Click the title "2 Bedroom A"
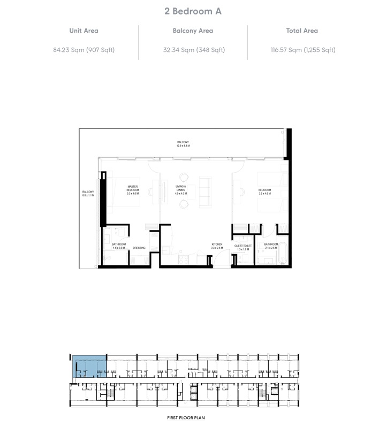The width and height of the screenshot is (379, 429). (x=189, y=10)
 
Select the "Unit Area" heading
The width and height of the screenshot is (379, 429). (x=84, y=31)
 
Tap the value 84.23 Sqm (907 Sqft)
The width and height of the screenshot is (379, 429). (x=84, y=50)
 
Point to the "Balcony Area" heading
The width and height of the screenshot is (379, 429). (x=193, y=31)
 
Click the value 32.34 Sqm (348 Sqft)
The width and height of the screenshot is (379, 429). (x=193, y=50)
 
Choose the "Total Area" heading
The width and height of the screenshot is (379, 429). (x=302, y=31)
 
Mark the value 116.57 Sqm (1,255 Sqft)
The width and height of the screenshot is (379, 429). (x=303, y=50)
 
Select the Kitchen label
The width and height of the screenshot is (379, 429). (x=216, y=246)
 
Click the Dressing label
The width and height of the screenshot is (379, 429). (x=139, y=248)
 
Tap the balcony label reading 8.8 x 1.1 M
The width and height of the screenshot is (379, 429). (x=88, y=193)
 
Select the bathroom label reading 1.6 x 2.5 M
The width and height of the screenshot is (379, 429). (x=119, y=246)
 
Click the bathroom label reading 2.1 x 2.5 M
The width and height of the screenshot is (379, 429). (x=271, y=246)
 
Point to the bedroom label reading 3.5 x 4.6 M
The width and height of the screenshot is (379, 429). (x=264, y=191)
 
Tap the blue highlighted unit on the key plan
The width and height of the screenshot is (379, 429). (x=89, y=366)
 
